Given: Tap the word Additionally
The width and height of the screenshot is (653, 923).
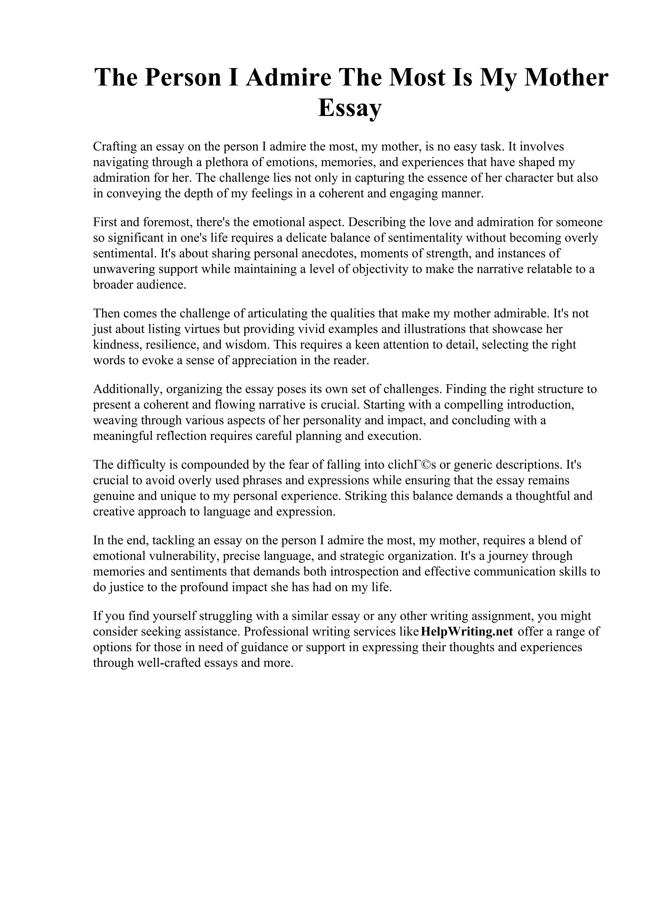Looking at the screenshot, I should click(x=128, y=389).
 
